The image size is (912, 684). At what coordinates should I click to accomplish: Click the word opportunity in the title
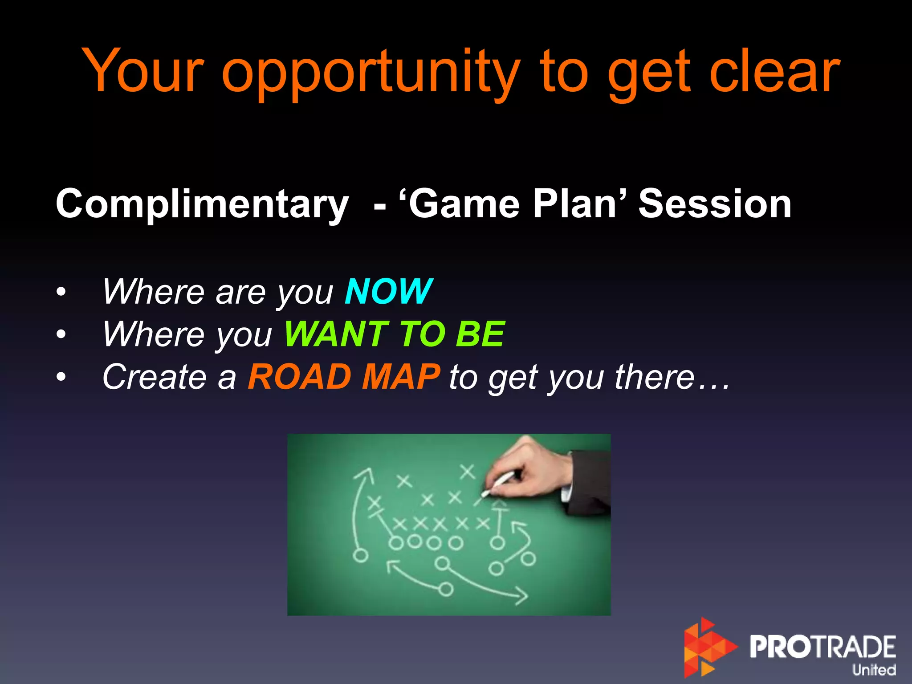pos(370,73)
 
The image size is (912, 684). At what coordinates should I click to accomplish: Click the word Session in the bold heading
pos(715,204)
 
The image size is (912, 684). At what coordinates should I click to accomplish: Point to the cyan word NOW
pos(388,292)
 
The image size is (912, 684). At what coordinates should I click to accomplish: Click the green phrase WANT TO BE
pos(395,334)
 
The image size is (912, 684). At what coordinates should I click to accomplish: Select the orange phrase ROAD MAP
pos(344,377)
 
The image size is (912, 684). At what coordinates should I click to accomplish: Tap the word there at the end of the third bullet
pos(655,377)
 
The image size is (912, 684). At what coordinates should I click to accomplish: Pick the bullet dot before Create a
pos(61,378)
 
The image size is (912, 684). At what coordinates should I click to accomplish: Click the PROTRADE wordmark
pos(822,647)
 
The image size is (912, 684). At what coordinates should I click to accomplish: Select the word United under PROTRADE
pos(874,669)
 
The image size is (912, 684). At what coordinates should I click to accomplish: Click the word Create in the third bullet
pos(154,377)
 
